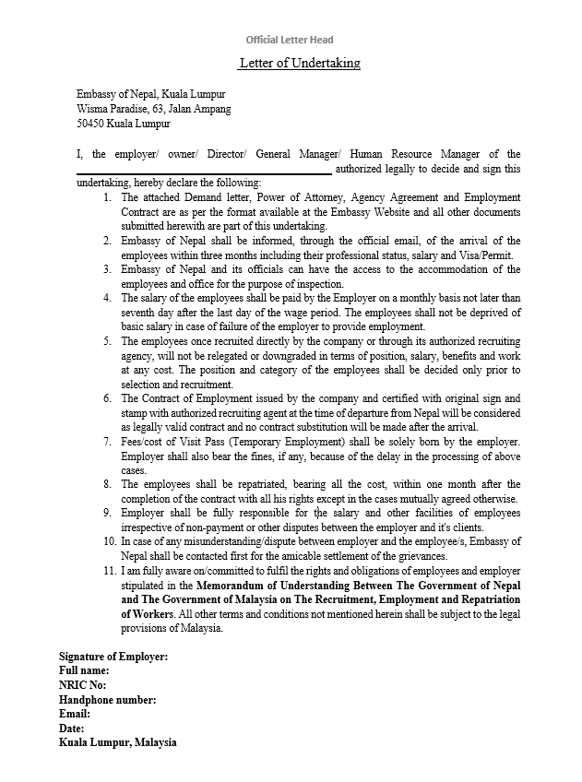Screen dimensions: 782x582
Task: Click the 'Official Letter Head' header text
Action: point(290,40)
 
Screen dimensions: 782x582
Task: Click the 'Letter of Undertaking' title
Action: point(299,64)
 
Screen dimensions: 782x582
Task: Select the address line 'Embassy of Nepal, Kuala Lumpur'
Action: point(150,94)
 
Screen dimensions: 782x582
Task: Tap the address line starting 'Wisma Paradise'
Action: point(153,109)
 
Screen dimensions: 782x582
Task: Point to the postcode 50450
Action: point(89,124)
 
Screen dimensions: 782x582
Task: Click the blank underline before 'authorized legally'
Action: point(203,172)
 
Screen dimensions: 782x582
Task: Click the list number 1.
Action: point(107,197)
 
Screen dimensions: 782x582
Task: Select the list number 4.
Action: point(107,298)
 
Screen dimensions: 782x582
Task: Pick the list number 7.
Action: point(107,442)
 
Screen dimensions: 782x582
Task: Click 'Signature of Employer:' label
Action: point(113,657)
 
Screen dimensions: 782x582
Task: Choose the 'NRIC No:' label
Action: point(83,685)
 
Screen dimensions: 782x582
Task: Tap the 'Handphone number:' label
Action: point(107,699)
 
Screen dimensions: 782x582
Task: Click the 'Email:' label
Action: point(75,714)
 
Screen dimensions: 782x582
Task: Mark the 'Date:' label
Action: point(72,728)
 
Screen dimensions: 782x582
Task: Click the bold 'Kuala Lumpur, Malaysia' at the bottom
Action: point(118,742)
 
